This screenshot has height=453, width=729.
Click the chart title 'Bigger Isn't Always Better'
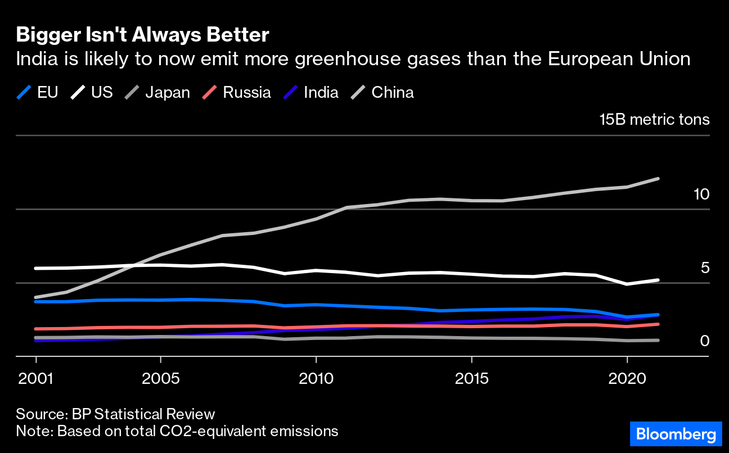142,35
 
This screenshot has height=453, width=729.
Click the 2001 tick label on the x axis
36,377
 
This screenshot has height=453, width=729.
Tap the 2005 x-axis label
161,377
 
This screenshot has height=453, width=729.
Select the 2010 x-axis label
316,377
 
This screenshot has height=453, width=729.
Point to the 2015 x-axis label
472,377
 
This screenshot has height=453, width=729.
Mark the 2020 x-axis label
627,377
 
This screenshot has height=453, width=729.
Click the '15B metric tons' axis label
654,120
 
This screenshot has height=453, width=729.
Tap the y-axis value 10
701,194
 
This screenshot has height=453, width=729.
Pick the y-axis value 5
705,268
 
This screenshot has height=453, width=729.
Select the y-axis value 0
705,341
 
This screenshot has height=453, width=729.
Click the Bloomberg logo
675,434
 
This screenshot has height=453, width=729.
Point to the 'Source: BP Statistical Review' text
115,414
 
